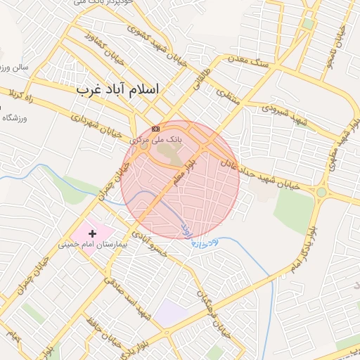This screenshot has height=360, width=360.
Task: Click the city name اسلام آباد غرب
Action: point(117,89)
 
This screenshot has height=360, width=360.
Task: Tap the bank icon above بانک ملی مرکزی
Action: point(155,129)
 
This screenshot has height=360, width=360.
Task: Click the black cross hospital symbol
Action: point(92,233)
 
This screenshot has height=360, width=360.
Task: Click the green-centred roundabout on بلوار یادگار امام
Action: point(321,192)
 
